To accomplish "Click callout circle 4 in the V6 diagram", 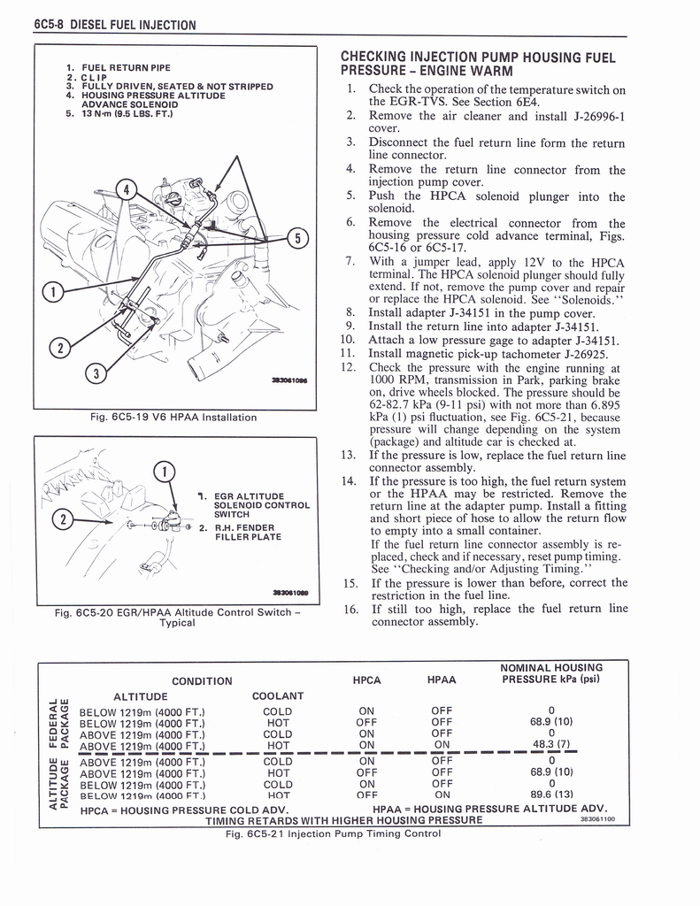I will click(x=128, y=188).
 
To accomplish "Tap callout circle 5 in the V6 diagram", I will click(x=298, y=239).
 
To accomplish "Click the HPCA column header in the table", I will click(x=366, y=679).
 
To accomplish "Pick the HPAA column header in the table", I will click(x=441, y=679).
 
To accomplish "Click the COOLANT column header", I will click(x=278, y=695).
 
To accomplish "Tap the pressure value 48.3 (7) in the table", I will click(x=550, y=746).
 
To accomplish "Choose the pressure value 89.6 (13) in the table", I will click(x=550, y=795).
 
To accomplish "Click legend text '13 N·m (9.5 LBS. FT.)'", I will click(x=128, y=113).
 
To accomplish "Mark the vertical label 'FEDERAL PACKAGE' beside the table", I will click(x=57, y=721).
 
